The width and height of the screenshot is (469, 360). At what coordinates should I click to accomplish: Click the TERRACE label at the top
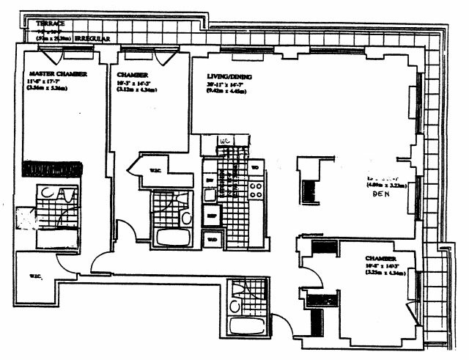pos(50,23)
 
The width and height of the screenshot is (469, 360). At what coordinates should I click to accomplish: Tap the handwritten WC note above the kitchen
pos(226,139)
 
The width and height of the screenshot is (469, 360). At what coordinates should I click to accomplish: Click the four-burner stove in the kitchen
pos(256,190)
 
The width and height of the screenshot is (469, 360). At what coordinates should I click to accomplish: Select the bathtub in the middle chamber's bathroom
pos(171,237)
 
